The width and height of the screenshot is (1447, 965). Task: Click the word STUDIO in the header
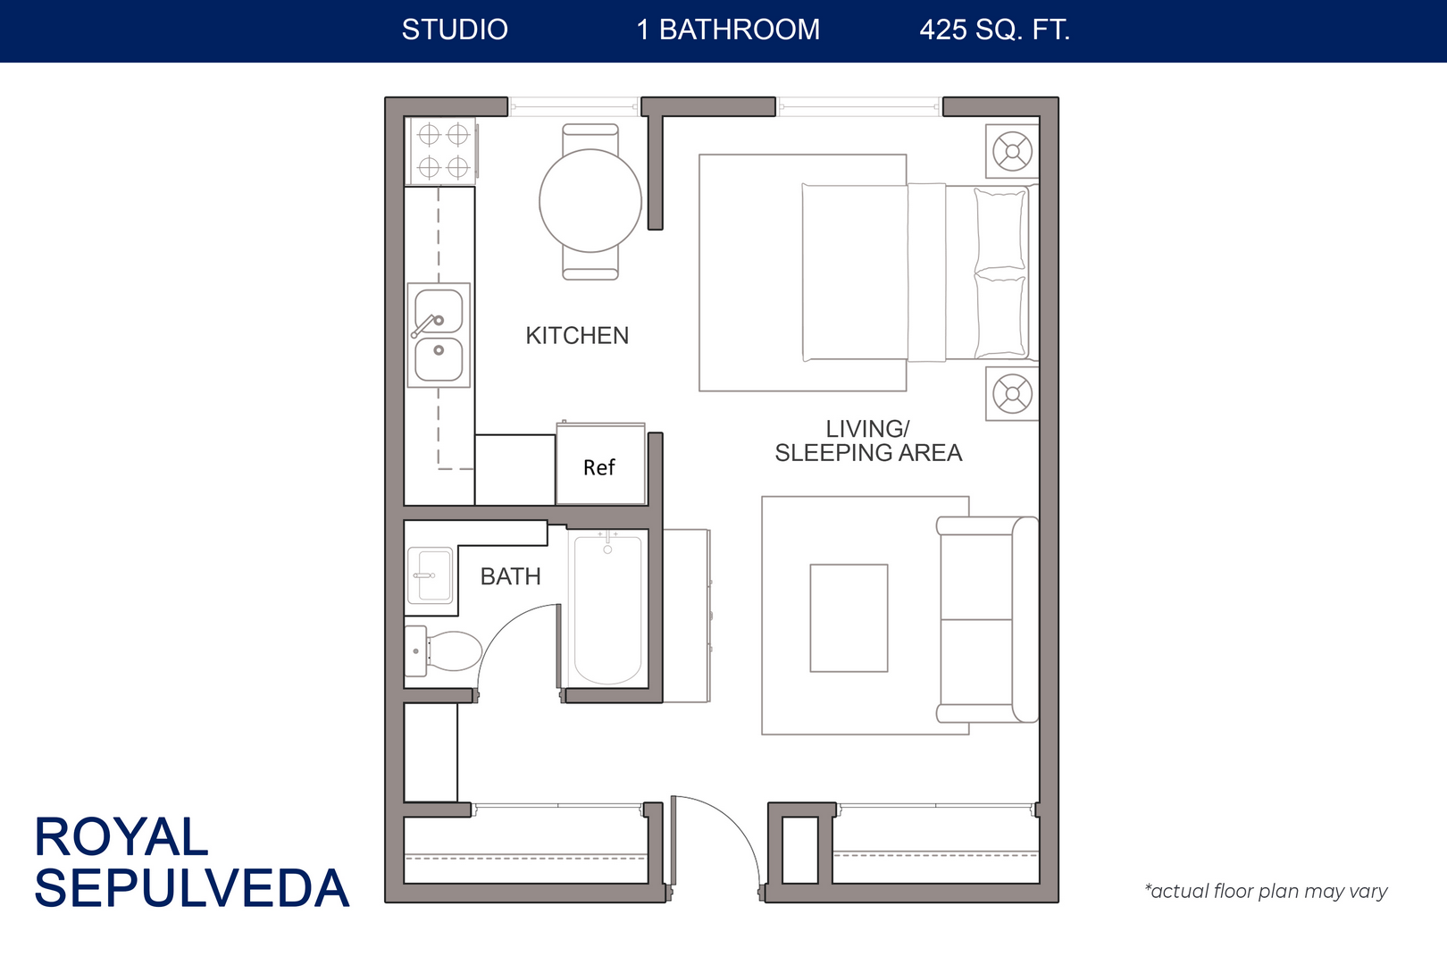(455, 30)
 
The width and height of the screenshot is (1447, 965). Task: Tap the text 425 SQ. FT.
(994, 30)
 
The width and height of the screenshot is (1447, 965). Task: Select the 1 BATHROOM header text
(728, 30)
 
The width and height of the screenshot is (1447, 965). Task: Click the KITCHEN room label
(577, 336)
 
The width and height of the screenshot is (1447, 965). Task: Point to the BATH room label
(510, 577)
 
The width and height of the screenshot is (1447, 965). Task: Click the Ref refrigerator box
(600, 466)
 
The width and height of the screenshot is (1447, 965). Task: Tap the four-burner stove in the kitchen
(443, 150)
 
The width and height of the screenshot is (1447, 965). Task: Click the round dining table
(590, 201)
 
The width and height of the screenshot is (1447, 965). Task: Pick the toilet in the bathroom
(447, 650)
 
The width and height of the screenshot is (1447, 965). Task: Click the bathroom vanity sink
(431, 575)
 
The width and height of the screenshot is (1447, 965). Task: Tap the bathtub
(607, 609)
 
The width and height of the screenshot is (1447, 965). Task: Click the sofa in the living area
(987, 619)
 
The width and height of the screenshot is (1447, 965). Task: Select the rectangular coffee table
(849, 617)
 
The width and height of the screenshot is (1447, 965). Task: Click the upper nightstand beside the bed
(1012, 151)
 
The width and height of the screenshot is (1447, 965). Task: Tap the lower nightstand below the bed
(1012, 393)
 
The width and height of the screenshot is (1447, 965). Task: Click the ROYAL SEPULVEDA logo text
(190, 862)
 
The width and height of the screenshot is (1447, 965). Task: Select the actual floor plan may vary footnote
(1266, 891)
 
